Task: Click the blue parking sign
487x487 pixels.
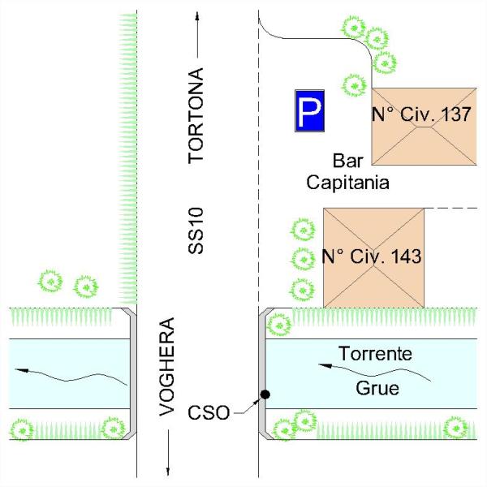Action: point(310,111)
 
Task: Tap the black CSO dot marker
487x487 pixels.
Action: point(265,394)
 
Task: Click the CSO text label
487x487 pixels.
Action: point(209,413)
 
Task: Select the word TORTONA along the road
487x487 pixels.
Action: point(196,115)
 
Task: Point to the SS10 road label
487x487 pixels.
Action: point(196,231)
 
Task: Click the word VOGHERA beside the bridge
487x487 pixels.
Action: point(166,367)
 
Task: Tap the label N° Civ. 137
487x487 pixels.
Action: point(421,114)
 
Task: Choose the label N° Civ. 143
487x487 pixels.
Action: point(372,256)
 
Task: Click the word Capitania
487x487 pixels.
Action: point(348,183)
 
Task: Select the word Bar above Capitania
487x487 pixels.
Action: point(348,161)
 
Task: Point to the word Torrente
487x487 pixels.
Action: point(376,353)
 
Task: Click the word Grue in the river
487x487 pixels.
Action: point(377,388)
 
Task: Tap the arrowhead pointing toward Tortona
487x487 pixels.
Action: point(197,16)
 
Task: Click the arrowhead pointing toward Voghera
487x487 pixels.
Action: point(168,471)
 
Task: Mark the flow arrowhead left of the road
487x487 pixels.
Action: point(22,370)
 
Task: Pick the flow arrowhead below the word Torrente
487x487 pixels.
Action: point(325,366)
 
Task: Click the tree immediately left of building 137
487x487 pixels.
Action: point(354,85)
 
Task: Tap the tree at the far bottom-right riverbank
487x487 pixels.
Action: point(456,429)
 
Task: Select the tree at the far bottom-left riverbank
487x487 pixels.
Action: point(22,431)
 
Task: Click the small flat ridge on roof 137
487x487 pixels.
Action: point(425,127)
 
